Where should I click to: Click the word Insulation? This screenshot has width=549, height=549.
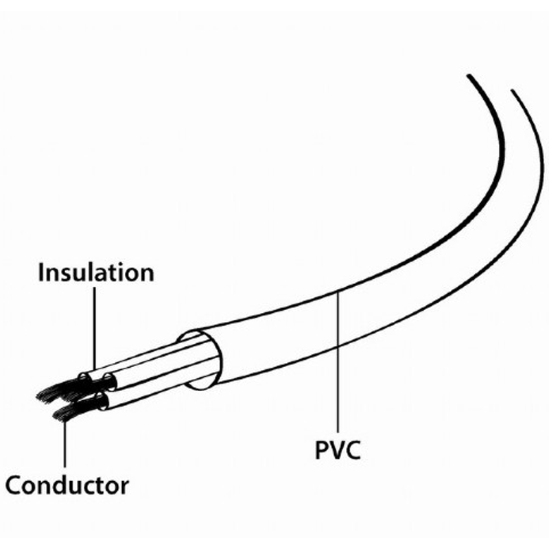(96, 272)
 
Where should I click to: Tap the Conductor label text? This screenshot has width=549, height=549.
(67, 485)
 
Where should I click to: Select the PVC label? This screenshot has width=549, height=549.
(338, 450)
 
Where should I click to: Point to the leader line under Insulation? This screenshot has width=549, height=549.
(94, 329)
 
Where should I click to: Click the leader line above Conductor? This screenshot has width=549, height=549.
(65, 443)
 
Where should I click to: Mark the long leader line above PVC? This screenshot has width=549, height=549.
(338, 362)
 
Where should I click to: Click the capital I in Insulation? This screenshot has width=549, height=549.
(40, 272)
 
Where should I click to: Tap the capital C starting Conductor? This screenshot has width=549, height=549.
(12, 485)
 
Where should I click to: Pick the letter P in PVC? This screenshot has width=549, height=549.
(321, 450)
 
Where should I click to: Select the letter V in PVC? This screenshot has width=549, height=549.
(336, 450)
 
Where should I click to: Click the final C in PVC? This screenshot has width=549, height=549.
(353, 450)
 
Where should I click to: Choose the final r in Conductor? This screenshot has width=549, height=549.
(124, 488)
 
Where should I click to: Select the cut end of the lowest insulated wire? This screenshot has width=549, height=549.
(102, 401)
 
